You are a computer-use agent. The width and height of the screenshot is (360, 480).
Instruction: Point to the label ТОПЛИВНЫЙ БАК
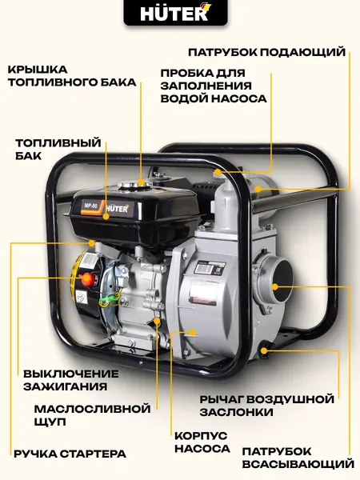pos(58,150)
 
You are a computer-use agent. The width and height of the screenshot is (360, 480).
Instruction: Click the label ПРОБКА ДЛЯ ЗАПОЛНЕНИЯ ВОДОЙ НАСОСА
pos(214,85)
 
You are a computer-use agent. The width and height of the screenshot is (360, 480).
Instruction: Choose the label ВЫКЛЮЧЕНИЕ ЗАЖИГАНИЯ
pos(70,379)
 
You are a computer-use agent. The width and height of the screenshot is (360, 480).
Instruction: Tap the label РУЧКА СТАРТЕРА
pos(69,454)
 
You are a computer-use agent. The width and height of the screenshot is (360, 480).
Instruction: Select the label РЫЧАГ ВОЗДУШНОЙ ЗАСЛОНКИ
pos(266,405)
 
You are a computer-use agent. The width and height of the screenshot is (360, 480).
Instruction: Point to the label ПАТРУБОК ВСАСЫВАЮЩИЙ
pos(297,457)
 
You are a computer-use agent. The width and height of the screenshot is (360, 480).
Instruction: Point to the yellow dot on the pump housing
pos(193,330)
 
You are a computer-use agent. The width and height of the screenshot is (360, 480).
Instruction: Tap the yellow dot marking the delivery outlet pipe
pos(257,190)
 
